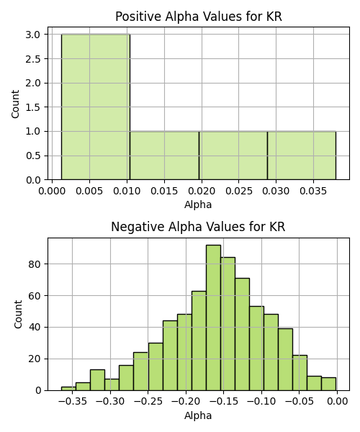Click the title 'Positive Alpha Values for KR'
pyautogui.click(x=198, y=17)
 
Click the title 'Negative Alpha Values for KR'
pyautogui.click(x=198, y=227)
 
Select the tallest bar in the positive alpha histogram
pyautogui.click(x=96, y=107)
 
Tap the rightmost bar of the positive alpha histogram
pyautogui.click(x=302, y=156)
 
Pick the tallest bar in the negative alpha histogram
pyautogui.click(x=213, y=318)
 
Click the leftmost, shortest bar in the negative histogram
pyautogui.click(x=68, y=389)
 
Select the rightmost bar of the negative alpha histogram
pyautogui.click(x=328, y=384)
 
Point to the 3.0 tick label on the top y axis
pyautogui.click(x=33, y=35)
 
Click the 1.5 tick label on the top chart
pyautogui.click(x=33, y=107)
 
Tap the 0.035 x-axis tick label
pyautogui.click(x=313, y=191)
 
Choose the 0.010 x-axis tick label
pyautogui.click(x=127, y=191)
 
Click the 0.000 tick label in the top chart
pyautogui.click(x=52, y=191)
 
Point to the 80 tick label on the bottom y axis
pyautogui.click(x=35, y=264)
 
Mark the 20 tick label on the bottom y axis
pyautogui.click(x=35, y=359)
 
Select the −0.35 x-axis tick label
pyautogui.click(x=73, y=402)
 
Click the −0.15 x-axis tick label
pyautogui.click(x=224, y=402)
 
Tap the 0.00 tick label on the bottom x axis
pyautogui.click(x=337, y=402)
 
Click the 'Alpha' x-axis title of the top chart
pyautogui.click(x=198, y=204)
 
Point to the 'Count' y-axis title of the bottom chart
pyautogui.click(x=18, y=315)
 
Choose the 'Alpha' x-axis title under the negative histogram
pyautogui.click(x=198, y=415)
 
